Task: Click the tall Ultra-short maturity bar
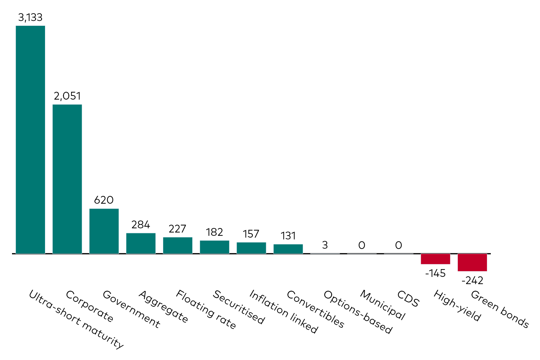[30, 139]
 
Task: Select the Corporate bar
[67, 179]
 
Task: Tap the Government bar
[104, 231]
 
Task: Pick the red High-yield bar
[435, 259]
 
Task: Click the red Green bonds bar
[472, 262]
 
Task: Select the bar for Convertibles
[288, 249]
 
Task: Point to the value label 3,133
[30, 17]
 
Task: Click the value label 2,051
[67, 96]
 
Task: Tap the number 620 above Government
[104, 200]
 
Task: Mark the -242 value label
[472, 280]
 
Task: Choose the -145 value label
[435, 273]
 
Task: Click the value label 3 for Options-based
[325, 245]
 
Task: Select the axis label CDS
[408, 298]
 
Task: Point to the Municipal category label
[382, 305]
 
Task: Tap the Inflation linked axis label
[283, 311]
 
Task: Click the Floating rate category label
[206, 309]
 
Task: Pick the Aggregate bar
[141, 243]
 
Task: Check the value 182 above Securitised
[214, 232]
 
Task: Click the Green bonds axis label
[499, 309]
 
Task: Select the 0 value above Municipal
[362, 245]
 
